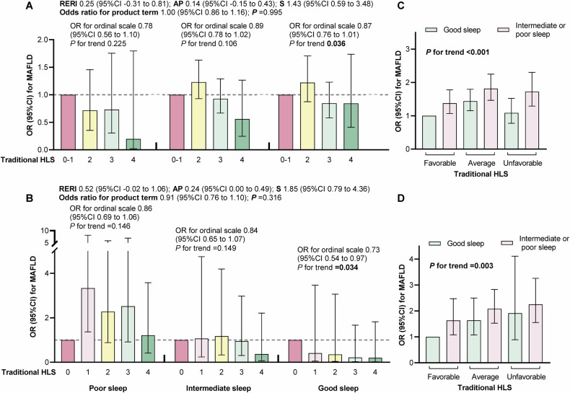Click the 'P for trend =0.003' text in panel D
pyautogui.click(x=465, y=267)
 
